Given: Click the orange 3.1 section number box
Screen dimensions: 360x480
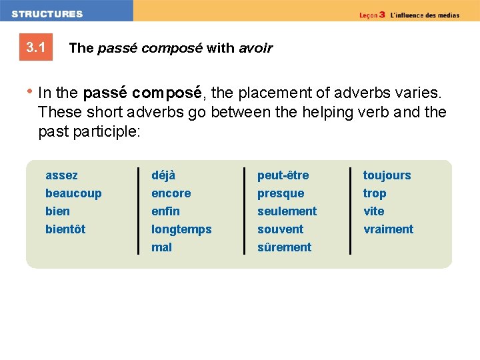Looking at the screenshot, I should point(36,47).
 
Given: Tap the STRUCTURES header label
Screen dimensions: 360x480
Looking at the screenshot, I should point(47,13).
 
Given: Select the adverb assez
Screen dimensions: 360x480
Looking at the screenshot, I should point(61,175).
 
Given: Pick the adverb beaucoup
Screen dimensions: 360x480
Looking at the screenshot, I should point(73,193).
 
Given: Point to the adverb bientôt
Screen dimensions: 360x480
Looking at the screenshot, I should point(65,229).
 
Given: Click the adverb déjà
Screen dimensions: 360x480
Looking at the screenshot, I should point(163,175).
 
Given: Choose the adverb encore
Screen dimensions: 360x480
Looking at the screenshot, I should point(171,193).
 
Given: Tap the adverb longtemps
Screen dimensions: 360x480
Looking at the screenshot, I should point(181,229).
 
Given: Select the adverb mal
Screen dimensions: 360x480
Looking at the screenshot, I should point(161,247).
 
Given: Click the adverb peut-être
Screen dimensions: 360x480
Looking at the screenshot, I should point(283,175).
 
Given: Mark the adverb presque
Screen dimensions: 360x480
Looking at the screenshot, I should point(281,193).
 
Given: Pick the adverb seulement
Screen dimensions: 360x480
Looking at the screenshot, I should point(287,211).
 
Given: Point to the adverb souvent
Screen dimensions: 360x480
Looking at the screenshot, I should point(281,229).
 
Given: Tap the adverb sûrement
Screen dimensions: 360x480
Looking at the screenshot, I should point(285,247).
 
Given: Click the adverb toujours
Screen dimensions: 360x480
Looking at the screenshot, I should point(387,175).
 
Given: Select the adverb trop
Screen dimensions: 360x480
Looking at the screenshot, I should point(375,193).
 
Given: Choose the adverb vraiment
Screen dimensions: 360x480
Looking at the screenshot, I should point(388,229).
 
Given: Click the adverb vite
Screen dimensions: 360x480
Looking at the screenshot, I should point(374,211).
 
